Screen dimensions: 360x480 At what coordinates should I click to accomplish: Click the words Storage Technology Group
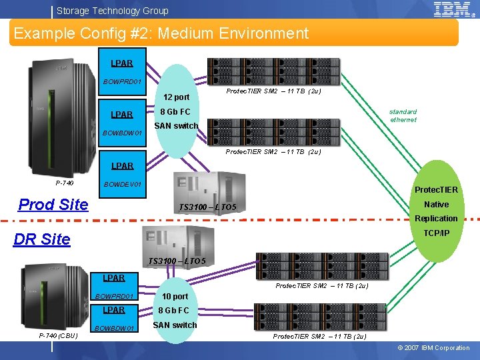[x=112, y=11]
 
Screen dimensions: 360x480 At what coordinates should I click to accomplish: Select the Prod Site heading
[x=53, y=205]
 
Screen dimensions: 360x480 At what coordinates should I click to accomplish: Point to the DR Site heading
[x=41, y=239]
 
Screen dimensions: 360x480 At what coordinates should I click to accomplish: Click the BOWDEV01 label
[x=121, y=184]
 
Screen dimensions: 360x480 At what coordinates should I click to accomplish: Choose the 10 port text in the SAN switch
[x=175, y=296]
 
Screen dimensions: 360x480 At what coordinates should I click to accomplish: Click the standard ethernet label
[x=403, y=116]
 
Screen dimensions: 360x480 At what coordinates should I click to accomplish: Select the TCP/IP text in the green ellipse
[x=437, y=233]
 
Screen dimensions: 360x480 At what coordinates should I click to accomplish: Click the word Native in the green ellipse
[x=436, y=205]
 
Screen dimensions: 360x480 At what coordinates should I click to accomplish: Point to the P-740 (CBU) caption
[x=59, y=335]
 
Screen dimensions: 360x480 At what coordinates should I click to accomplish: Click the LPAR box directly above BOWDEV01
[x=122, y=165]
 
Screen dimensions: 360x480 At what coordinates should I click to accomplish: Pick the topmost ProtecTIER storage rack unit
[x=273, y=71]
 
